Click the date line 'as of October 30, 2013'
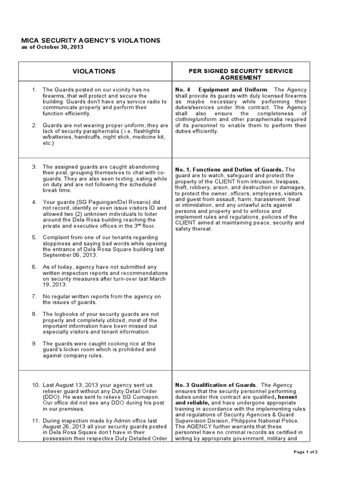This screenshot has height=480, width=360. (52, 47)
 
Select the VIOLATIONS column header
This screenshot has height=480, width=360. (94, 71)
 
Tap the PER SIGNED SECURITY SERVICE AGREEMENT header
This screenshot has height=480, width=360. (240, 74)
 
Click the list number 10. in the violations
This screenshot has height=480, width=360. (36, 385)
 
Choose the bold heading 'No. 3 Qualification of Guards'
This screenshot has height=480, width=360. (215, 385)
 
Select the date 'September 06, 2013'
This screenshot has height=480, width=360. (69, 255)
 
